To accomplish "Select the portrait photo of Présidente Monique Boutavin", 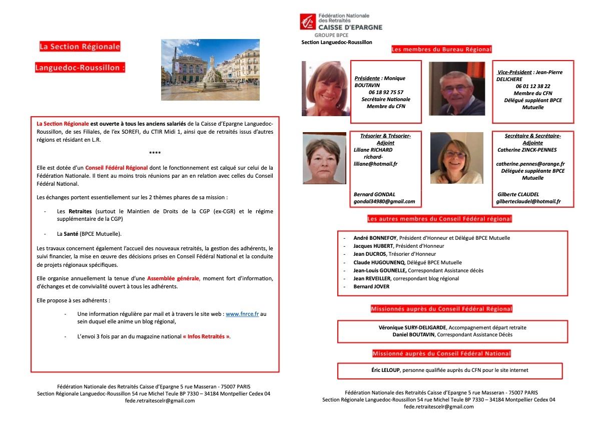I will click(325, 89).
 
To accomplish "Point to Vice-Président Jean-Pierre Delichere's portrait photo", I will click(456, 89).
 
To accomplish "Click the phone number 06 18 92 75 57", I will click(386, 92).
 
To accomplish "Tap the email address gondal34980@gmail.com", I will click(384, 201).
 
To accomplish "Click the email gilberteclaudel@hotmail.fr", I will click(528, 201).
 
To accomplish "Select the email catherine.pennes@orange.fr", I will click(530, 164).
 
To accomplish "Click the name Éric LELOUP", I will click(382, 370).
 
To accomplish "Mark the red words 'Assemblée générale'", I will click(173, 278).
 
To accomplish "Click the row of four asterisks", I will click(155, 153).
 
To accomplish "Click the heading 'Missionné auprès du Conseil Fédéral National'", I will click(441, 353).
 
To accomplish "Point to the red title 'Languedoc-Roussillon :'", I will click(80, 68).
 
